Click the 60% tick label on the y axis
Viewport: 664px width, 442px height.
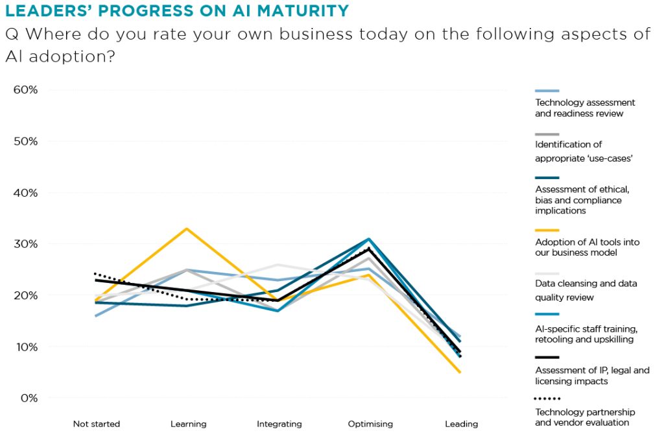pyautogui.click(x=25, y=90)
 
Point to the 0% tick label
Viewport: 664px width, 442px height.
pyautogui.click(x=29, y=399)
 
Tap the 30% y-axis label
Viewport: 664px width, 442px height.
pyautogui.click(x=25, y=244)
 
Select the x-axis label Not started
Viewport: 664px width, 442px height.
pyautogui.click(x=97, y=424)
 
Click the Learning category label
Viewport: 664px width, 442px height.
pyautogui.click(x=189, y=424)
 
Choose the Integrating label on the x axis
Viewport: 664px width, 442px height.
pyautogui.click(x=279, y=424)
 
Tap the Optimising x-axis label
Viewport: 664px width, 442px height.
pyautogui.click(x=370, y=424)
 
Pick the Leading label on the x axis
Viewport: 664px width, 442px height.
pyautogui.click(x=462, y=424)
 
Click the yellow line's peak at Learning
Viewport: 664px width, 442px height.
pyautogui.click(x=187, y=229)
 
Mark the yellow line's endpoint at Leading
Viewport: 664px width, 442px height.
pyautogui.click(x=460, y=373)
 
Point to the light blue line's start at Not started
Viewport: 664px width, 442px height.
pyautogui.click(x=96, y=316)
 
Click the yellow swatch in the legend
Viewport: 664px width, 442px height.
pyautogui.click(x=547, y=230)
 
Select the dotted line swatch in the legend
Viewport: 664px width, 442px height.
pyautogui.click(x=547, y=399)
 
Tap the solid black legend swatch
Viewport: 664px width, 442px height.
pyautogui.click(x=547, y=357)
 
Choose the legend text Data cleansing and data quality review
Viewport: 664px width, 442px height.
pyautogui.click(x=586, y=290)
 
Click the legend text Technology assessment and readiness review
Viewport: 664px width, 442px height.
pyautogui.click(x=585, y=108)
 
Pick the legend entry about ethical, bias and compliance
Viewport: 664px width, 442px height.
pyautogui.click(x=582, y=200)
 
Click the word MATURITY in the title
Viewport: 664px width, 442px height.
pyautogui.click(x=303, y=10)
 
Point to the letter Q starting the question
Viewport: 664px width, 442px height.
pyautogui.click(x=12, y=34)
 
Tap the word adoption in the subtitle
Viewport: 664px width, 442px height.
pyautogui.click(x=72, y=56)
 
